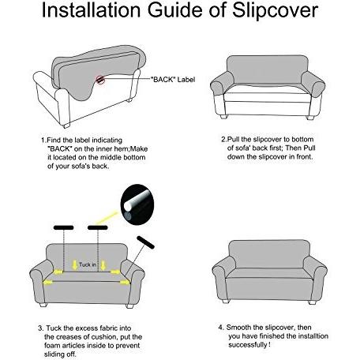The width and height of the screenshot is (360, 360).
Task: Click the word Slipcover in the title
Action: [x=275, y=10]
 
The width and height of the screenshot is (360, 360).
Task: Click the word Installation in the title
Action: [x=91, y=10]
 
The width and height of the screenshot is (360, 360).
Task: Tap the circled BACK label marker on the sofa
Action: [x=99, y=80]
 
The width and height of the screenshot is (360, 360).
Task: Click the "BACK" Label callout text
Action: [x=173, y=80]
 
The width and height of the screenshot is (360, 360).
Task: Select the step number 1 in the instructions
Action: [x=43, y=141]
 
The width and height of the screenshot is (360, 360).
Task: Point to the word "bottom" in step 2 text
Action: [x=302, y=139]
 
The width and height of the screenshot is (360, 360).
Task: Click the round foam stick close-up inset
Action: [x=137, y=204]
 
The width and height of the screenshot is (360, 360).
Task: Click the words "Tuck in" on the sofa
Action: [x=88, y=264]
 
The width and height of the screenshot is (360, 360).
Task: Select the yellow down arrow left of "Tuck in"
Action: [x=75, y=265]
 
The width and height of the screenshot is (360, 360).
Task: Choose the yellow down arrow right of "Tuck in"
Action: [x=103, y=265]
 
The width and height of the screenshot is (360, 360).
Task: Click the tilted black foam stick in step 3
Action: [x=145, y=242]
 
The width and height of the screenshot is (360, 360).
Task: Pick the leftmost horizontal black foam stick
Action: [x=64, y=227]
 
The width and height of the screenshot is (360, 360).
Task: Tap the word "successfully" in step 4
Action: [x=247, y=345]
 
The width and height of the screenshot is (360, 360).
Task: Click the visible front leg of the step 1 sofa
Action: [x=66, y=126]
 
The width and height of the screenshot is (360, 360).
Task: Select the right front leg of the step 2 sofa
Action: [x=309, y=118]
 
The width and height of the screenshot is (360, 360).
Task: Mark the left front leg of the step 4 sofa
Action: [x=226, y=301]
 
